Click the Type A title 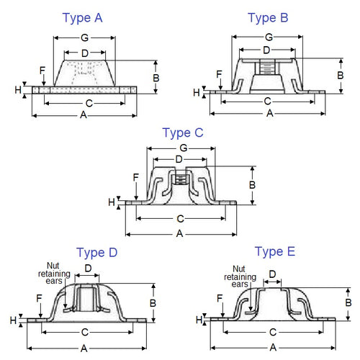pyautogui.click(x=82, y=17)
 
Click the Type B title pyautogui.click(x=267, y=18)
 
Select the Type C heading pyautogui.click(x=183, y=132)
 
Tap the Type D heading pyautogui.click(x=96, y=253)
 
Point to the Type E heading pyautogui.click(x=274, y=251)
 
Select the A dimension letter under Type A pyautogui.click(x=84, y=115)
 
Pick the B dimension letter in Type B pyautogui.click(x=341, y=74)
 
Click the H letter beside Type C pyautogui.click(x=112, y=202)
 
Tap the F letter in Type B pyautogui.click(x=219, y=73)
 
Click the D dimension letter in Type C pyautogui.click(x=179, y=159)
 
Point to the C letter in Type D pyautogui.click(x=85, y=332)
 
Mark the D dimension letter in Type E pyautogui.click(x=273, y=274)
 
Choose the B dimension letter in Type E pyautogui.click(x=348, y=303)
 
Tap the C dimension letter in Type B pyautogui.click(x=267, y=101)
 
